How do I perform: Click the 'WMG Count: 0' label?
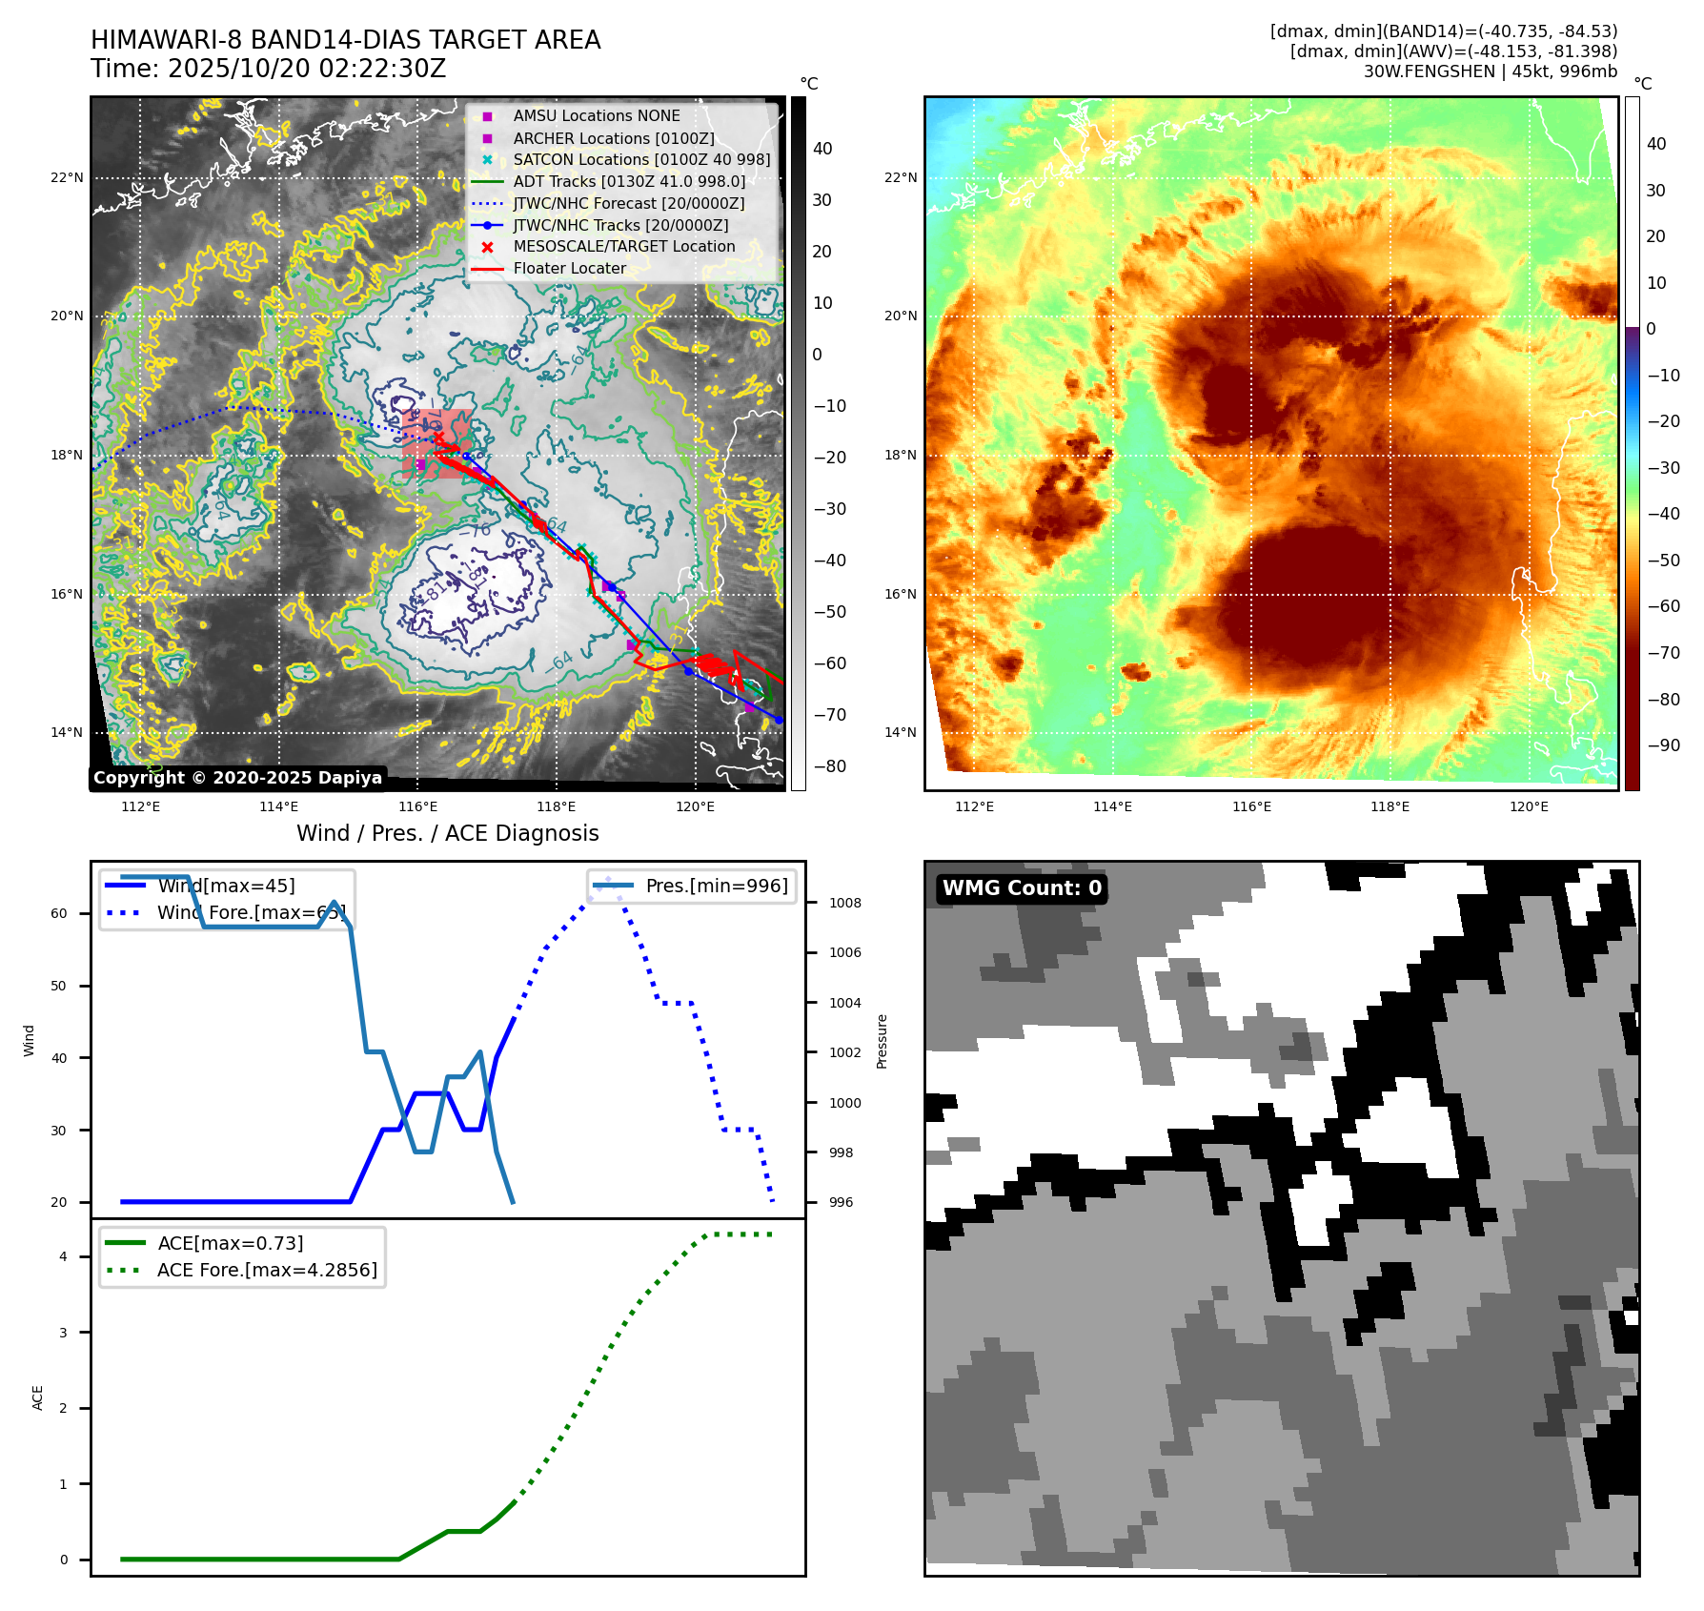pyautogui.click(x=1022, y=888)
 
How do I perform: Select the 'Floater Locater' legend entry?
pyautogui.click(x=569, y=269)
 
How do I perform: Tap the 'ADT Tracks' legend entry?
pyautogui.click(x=629, y=181)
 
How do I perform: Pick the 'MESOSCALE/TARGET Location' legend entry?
pyautogui.click(x=624, y=247)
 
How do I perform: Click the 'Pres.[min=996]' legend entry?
pyautogui.click(x=717, y=887)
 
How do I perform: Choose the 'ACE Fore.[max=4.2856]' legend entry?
pyautogui.click(x=267, y=1270)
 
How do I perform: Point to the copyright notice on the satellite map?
pyautogui.click(x=238, y=778)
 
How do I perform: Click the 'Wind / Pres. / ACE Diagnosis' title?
pyautogui.click(x=448, y=833)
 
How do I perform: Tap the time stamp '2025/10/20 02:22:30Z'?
pyautogui.click(x=307, y=69)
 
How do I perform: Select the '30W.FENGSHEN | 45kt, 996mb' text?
pyautogui.click(x=1490, y=71)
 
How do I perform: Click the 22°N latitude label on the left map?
pyautogui.click(x=67, y=177)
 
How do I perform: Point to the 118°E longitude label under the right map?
pyautogui.click(x=1390, y=806)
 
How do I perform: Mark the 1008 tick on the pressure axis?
pyautogui.click(x=844, y=903)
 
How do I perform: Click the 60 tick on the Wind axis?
pyautogui.click(x=59, y=913)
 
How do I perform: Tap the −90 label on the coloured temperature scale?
pyautogui.click(x=1664, y=745)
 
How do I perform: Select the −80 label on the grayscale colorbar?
pyautogui.click(x=829, y=766)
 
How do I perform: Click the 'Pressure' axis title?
pyautogui.click(x=882, y=1041)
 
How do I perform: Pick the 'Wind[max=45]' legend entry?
pyautogui.click(x=226, y=887)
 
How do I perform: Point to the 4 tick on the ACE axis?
pyautogui.click(x=64, y=1256)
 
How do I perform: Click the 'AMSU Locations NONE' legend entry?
pyautogui.click(x=597, y=116)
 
